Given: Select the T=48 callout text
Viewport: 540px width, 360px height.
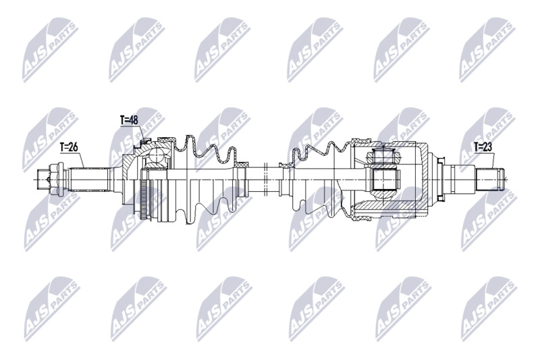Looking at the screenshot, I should click(x=129, y=120).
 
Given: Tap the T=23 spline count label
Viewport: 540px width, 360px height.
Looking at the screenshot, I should click(x=483, y=145).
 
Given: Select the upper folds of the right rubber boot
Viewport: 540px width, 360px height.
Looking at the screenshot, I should click(x=317, y=152).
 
